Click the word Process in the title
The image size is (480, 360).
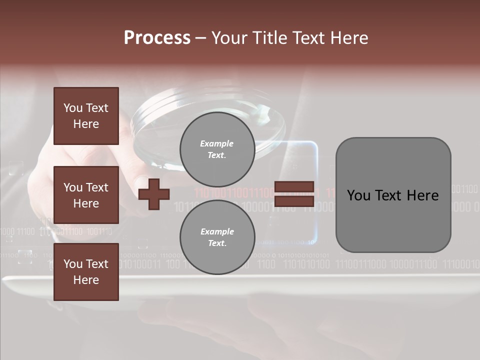[157, 37]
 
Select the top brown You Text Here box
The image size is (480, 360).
[86, 116]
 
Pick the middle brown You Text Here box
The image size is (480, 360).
[86, 195]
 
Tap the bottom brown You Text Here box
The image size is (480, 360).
[86, 272]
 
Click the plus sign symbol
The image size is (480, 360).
[154, 193]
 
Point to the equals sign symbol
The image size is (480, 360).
[294, 194]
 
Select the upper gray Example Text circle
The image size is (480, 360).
[217, 149]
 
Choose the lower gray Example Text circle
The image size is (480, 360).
[217, 237]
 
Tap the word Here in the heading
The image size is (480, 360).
[348, 37]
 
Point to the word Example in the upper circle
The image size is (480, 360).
[217, 143]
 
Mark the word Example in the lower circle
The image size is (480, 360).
[217, 231]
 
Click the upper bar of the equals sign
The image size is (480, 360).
[294, 187]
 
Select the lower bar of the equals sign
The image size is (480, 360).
[294, 201]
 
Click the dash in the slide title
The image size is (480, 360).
[200, 38]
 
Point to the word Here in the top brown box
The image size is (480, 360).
[86, 124]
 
